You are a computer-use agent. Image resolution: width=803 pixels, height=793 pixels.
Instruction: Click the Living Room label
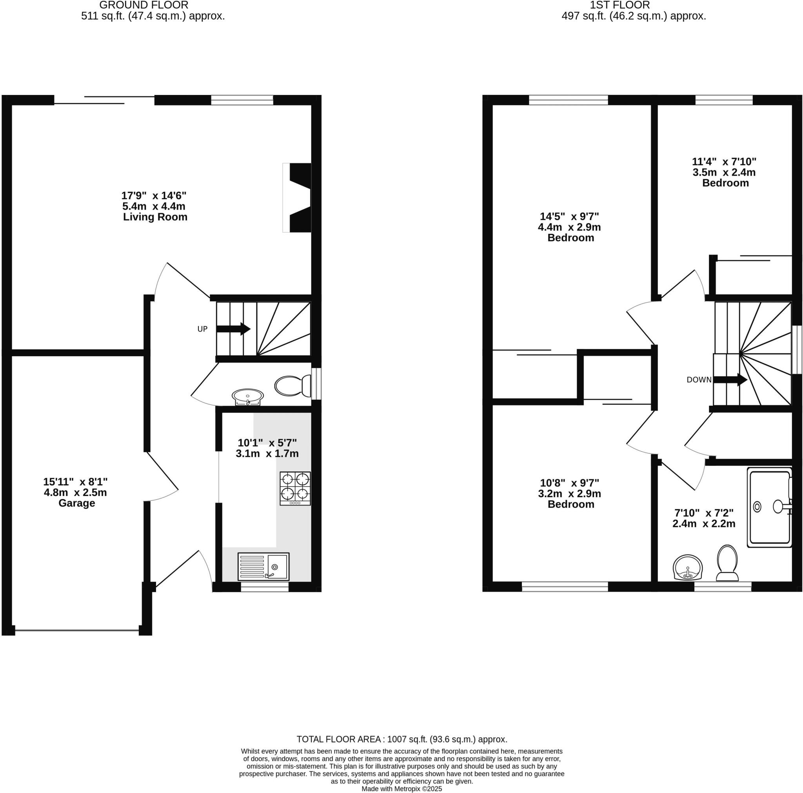pos(155,217)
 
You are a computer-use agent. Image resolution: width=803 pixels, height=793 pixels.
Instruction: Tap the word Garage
pos(76,503)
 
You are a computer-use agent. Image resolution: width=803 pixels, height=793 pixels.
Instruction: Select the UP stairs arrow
pos(233,329)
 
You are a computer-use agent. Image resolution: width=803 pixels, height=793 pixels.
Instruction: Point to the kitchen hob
pos(295,488)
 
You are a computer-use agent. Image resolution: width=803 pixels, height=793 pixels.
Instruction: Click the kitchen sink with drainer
pos(263,566)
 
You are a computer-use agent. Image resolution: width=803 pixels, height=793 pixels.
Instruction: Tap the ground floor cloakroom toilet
pos(293,385)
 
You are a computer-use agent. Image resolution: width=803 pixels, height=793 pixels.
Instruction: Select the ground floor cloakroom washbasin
pos(248,396)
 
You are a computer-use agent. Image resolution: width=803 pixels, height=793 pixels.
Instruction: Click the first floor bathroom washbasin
pos(688,568)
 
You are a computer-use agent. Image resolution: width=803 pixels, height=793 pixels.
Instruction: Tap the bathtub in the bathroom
pos(769,507)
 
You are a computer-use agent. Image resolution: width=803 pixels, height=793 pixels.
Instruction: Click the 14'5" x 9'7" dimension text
pos(569,217)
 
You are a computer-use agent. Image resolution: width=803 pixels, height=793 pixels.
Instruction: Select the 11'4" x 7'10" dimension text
pos(724,161)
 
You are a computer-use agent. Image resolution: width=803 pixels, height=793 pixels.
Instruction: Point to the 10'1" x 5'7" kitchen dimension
pos(267,443)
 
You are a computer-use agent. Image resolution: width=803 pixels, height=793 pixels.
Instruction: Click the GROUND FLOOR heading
pos(144,5)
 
